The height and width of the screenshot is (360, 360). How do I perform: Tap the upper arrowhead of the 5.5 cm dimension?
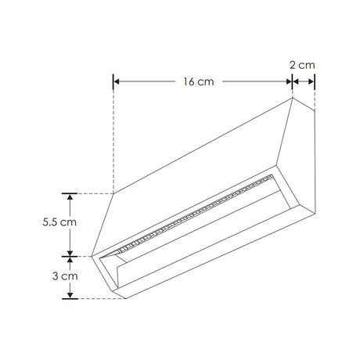click(x=71, y=196)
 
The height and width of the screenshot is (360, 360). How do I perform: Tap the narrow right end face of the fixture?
click(x=303, y=157)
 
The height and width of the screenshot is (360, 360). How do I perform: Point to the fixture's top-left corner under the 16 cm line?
click(x=114, y=193)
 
